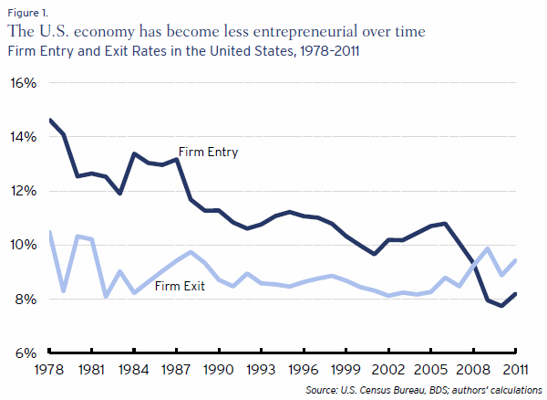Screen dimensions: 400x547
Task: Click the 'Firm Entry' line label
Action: pyautogui.click(x=208, y=153)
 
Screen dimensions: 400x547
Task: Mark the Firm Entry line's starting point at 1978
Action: pyautogui.click(x=49, y=120)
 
